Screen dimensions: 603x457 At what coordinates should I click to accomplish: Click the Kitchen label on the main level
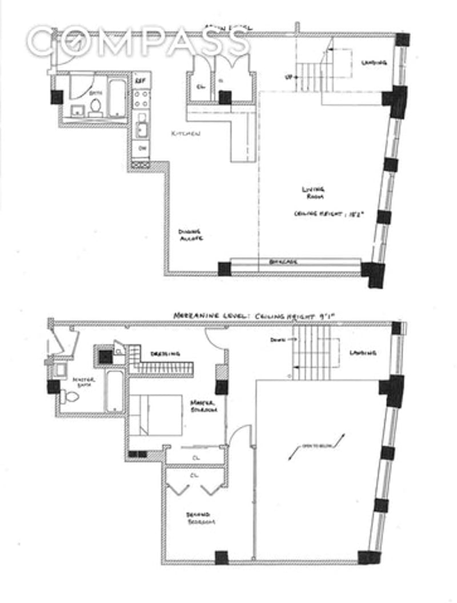click(x=186, y=133)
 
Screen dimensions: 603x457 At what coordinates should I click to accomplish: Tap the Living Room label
click(x=314, y=193)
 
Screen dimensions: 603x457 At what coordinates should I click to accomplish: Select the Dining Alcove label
click(x=190, y=236)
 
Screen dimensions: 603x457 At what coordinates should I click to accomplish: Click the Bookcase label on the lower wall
click(x=284, y=263)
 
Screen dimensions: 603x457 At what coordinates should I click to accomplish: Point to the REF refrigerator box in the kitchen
click(x=139, y=80)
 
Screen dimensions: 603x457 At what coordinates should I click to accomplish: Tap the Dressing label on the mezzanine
click(x=166, y=354)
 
